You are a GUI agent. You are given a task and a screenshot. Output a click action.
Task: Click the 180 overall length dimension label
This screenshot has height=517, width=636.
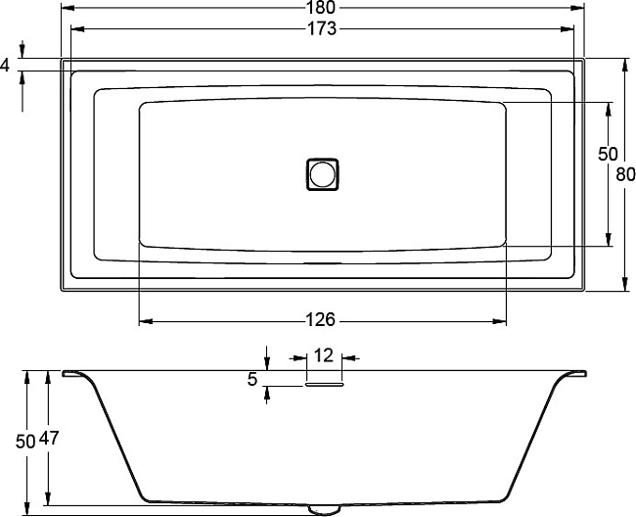tap(323, 8)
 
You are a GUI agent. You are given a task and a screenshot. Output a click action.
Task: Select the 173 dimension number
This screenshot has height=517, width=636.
tap(323, 28)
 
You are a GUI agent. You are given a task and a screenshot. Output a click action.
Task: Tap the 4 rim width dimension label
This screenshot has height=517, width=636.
tap(6, 65)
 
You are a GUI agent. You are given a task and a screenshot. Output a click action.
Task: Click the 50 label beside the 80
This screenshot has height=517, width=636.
tap(608, 154)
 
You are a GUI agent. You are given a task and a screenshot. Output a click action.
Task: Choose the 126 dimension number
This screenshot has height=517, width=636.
tap(323, 320)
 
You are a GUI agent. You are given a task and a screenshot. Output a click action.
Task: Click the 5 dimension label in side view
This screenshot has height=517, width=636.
tap(252, 380)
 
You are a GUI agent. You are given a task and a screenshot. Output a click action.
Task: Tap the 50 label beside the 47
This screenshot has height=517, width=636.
tap(26, 440)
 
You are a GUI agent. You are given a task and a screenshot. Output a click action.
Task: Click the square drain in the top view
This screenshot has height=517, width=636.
tap(323, 174)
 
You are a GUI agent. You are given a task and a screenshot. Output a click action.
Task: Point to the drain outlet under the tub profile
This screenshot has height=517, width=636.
tap(323, 509)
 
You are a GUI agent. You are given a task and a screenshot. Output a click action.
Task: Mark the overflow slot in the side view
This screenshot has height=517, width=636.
tap(324, 385)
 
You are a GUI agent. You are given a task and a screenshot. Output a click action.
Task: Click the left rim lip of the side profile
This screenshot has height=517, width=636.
tap(72, 373)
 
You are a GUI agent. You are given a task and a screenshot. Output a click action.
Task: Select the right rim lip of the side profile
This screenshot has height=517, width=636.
tap(577, 373)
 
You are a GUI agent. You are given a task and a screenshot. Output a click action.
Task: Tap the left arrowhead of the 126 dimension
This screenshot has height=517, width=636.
tap(144, 320)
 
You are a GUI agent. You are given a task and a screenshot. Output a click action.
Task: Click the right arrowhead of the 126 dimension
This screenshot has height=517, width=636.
tap(502, 320)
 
